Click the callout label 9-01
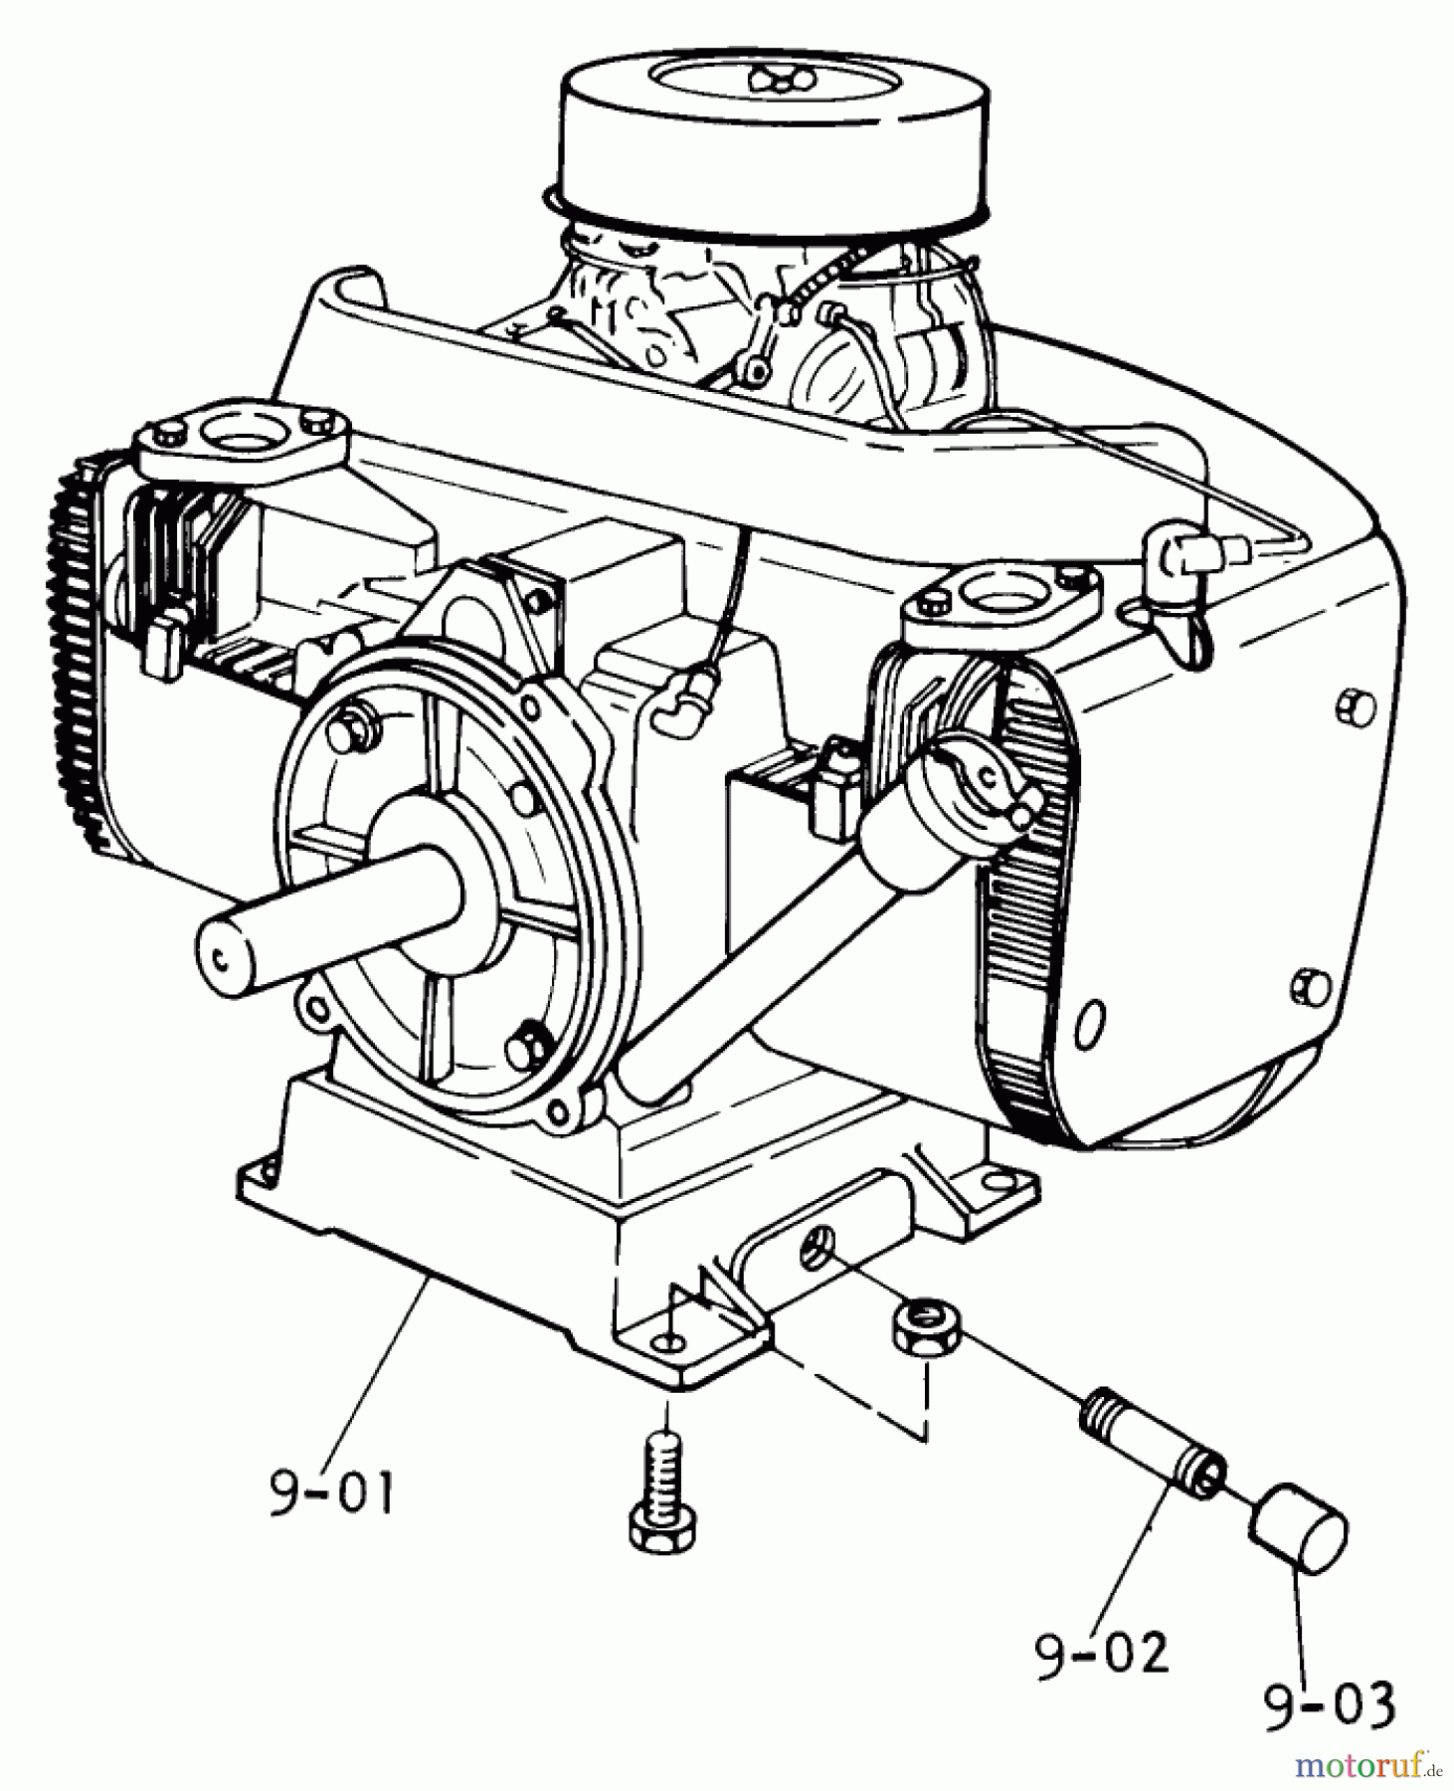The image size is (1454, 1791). click(x=331, y=1493)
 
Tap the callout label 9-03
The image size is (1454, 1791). click(x=1330, y=1706)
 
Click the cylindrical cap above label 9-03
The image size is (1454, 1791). click(x=1298, y=1542)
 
